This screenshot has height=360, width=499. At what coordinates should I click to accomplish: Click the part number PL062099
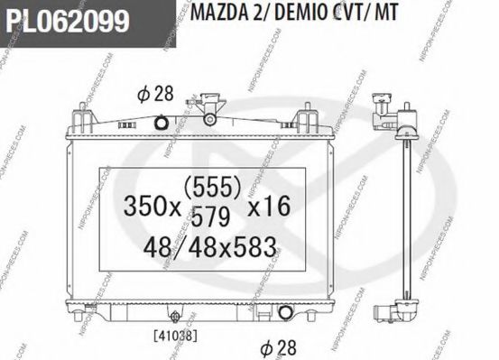65,20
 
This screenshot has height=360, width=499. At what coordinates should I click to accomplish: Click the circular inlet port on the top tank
162,123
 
